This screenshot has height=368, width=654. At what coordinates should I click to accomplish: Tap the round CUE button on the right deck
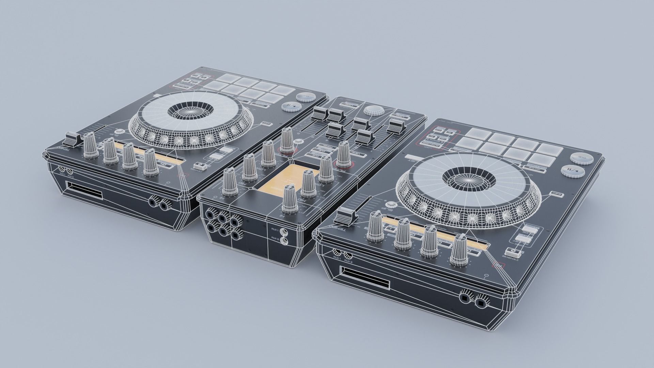click(579, 158)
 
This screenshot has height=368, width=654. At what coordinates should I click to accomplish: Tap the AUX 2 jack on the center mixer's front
click(283, 242)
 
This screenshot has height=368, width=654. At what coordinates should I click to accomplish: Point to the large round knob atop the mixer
click(373, 110)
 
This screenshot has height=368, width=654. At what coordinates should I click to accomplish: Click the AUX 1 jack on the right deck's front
click(337, 252)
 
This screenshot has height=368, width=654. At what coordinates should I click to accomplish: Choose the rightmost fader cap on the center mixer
click(395, 126)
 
